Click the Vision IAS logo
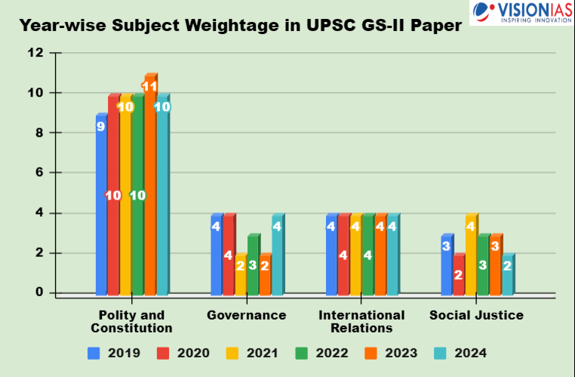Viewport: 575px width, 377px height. [521, 13]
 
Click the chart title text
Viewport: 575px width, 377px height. [240, 24]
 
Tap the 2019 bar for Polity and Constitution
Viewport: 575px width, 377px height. [101, 204]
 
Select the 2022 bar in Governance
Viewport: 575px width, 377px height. [253, 264]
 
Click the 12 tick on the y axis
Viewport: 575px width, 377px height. [35, 53]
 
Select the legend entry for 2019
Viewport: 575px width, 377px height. [114, 352]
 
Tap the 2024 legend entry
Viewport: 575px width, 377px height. [461, 352]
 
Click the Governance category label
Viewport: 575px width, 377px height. [246, 315]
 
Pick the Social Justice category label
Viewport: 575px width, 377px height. [476, 315]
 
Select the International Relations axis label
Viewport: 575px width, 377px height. [361, 321]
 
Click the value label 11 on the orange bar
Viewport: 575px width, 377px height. [149, 86]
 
